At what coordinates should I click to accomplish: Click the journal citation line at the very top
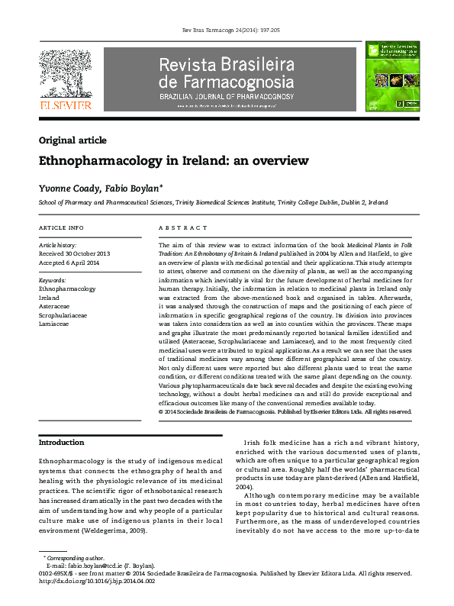click(227, 28)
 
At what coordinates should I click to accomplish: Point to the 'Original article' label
click(72, 140)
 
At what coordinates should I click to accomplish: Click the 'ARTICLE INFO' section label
click(61, 228)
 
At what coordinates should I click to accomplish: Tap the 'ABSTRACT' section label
click(183, 228)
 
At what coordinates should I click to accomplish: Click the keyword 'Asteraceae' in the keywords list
click(55, 306)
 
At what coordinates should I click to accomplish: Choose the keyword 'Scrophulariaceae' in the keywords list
click(66, 314)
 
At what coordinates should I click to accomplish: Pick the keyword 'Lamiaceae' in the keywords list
click(53, 323)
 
